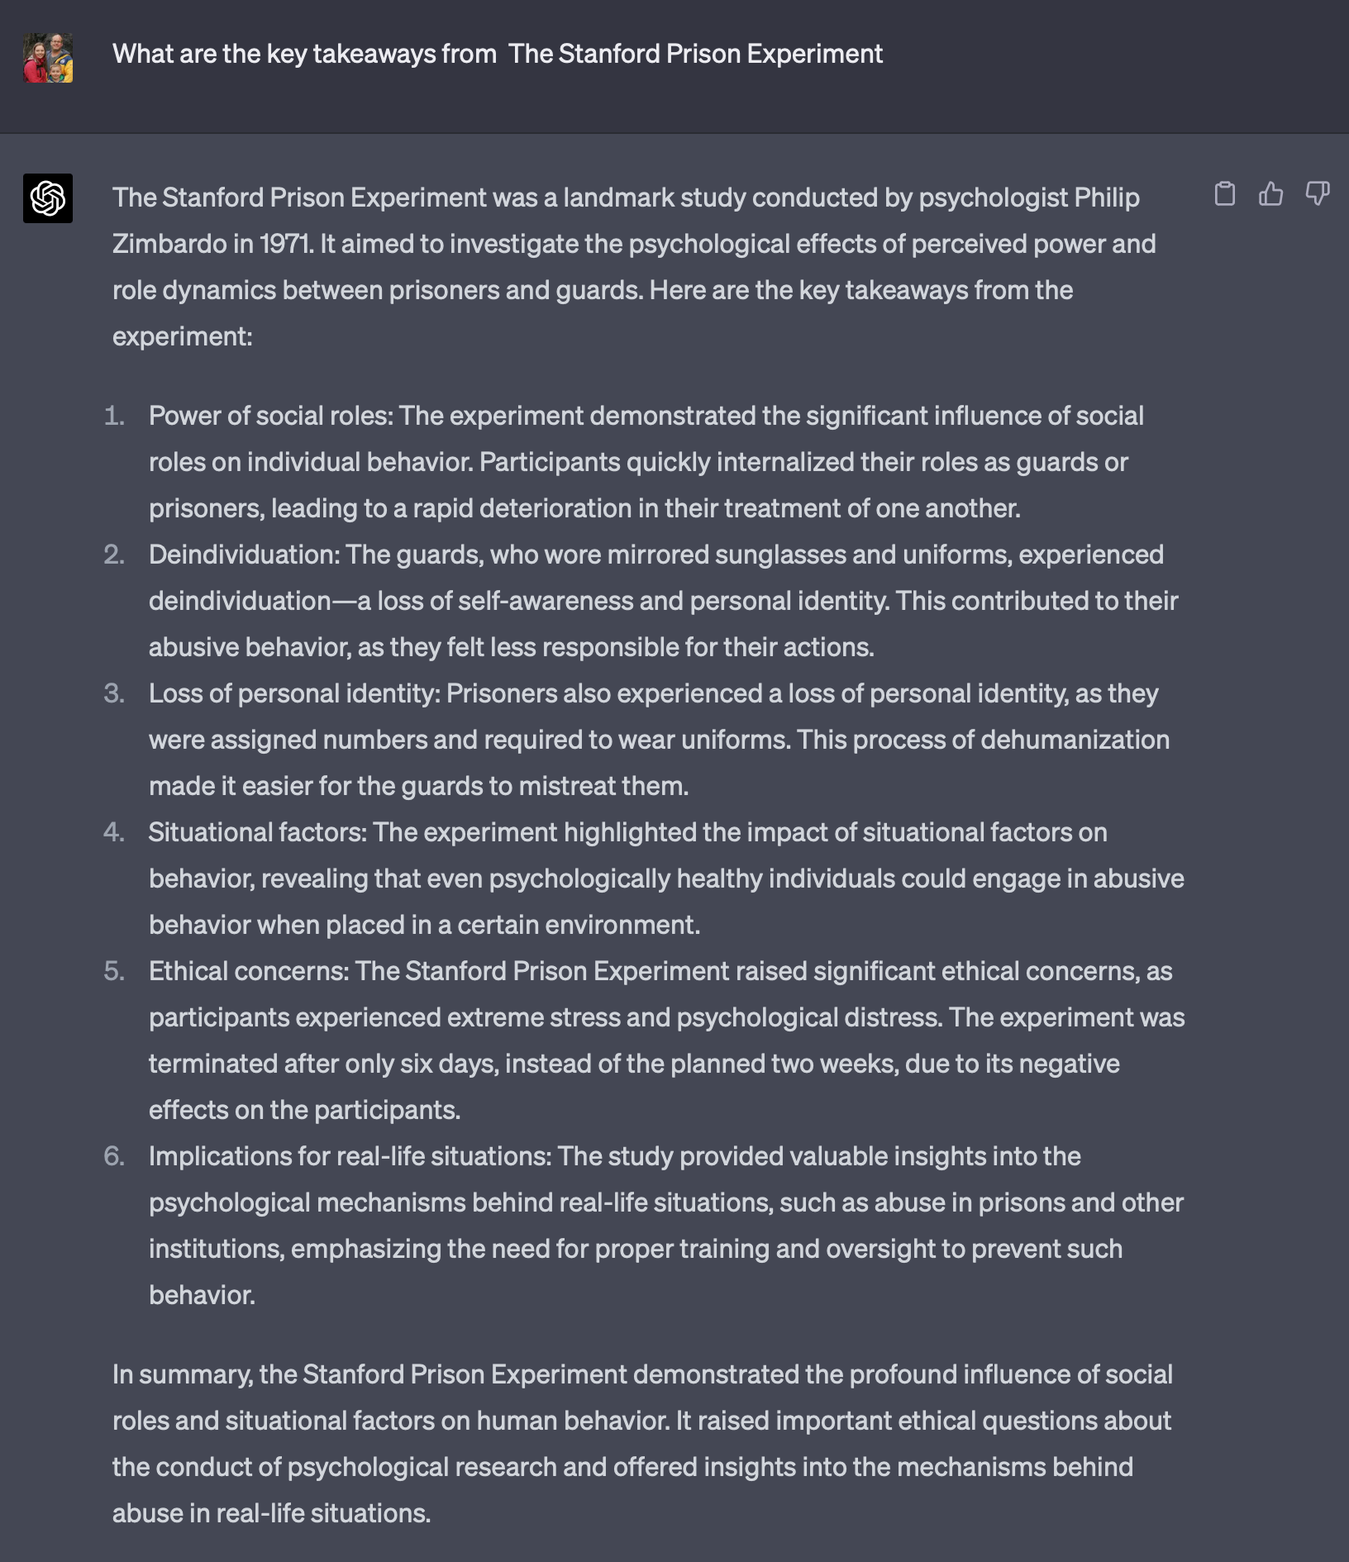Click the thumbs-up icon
pyautogui.click(x=1270, y=194)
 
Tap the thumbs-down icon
pyautogui.click(x=1317, y=194)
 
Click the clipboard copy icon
pyautogui.click(x=1225, y=194)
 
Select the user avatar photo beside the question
pyautogui.click(x=48, y=58)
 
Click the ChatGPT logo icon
pyautogui.click(x=48, y=198)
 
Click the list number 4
pyautogui.click(x=114, y=832)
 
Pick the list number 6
pyautogui.click(x=114, y=1156)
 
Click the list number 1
pyautogui.click(x=114, y=416)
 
